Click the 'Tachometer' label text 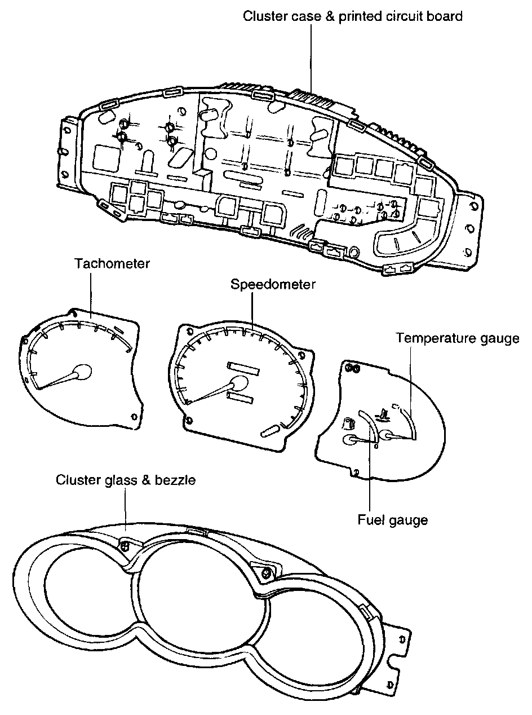coord(113,263)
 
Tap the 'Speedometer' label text coord(273,285)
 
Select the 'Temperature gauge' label coord(457,338)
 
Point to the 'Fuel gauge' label coord(393,519)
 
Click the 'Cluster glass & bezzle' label coord(126,480)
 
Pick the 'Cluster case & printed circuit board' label coord(353,16)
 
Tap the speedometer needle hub coord(239,383)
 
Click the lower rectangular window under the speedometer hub coord(240,399)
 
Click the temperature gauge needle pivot coord(388,435)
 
